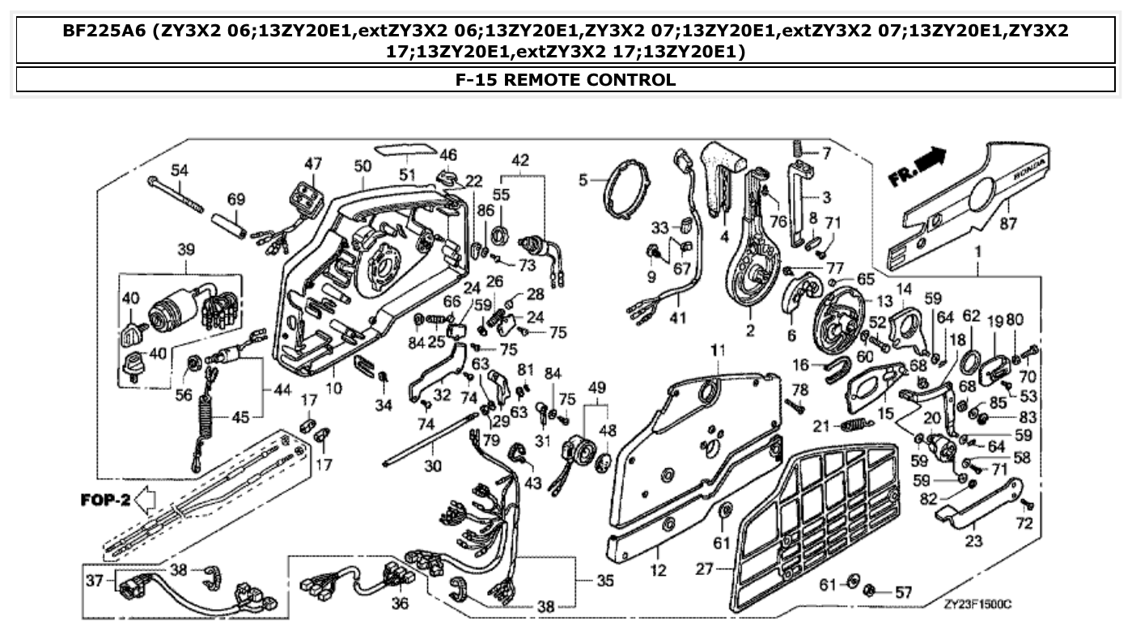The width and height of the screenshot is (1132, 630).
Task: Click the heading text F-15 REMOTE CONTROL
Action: point(566,79)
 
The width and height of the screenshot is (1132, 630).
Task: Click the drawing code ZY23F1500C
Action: point(977,604)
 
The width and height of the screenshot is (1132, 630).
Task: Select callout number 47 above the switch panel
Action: point(313,163)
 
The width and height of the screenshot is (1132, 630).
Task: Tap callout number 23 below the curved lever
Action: point(973,542)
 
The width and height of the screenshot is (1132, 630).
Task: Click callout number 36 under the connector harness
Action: point(400,603)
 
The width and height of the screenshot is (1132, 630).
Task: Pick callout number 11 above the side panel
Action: point(718,349)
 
